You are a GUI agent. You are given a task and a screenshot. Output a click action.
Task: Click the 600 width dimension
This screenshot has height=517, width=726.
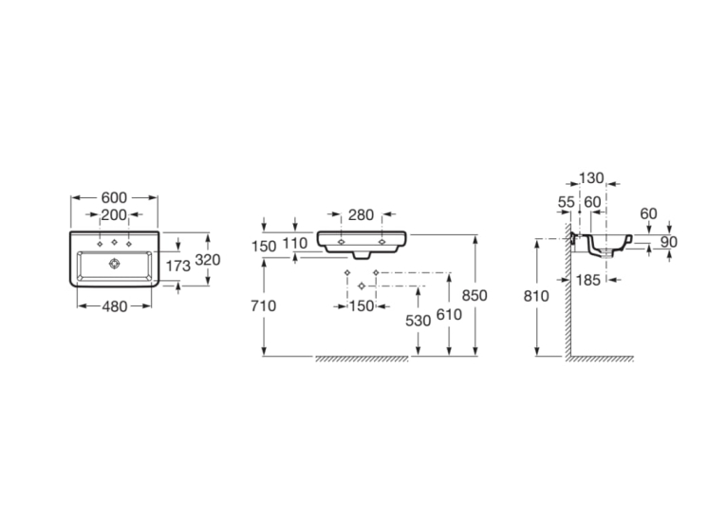coord(114,197)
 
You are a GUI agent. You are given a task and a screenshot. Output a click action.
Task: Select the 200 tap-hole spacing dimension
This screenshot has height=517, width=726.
coord(114,214)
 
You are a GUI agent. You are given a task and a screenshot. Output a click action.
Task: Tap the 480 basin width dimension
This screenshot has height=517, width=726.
coord(114,306)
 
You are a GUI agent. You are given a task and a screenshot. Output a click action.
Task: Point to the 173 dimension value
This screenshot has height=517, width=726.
coord(178,266)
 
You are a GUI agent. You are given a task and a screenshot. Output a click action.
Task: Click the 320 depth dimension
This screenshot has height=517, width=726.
coord(208,260)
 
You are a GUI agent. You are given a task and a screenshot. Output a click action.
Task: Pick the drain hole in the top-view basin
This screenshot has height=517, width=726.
coord(115,264)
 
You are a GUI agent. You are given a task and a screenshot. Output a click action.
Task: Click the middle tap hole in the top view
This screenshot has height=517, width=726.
coord(115,242)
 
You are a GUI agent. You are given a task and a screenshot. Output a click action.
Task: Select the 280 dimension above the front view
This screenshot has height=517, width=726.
coord(362,214)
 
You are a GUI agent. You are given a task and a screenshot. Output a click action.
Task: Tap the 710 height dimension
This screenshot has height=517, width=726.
coord(264,305)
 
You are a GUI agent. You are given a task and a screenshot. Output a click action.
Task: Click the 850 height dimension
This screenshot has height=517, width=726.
coord(475,295)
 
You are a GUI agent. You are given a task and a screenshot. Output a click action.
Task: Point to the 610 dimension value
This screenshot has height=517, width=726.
coord(449,315)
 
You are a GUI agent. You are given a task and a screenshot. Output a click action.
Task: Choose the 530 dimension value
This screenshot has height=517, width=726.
coord(419,321)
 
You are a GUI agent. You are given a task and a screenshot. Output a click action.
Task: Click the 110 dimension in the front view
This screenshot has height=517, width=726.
coord(295,243)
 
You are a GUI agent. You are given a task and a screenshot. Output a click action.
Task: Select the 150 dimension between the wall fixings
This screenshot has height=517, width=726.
coord(362,306)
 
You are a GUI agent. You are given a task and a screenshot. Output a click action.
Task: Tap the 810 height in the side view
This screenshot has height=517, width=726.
coord(536,296)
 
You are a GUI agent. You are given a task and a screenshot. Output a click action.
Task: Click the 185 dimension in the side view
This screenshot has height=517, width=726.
coord(588,280)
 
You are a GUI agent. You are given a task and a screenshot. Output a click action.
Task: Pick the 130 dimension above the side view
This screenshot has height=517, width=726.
coord(592,177)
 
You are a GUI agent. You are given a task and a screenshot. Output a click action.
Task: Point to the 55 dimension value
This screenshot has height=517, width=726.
coord(567,202)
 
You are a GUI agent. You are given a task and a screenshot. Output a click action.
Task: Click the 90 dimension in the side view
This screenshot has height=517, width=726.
coord(669,242)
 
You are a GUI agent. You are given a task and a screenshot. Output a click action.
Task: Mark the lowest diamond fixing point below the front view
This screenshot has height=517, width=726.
coord(362,286)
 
